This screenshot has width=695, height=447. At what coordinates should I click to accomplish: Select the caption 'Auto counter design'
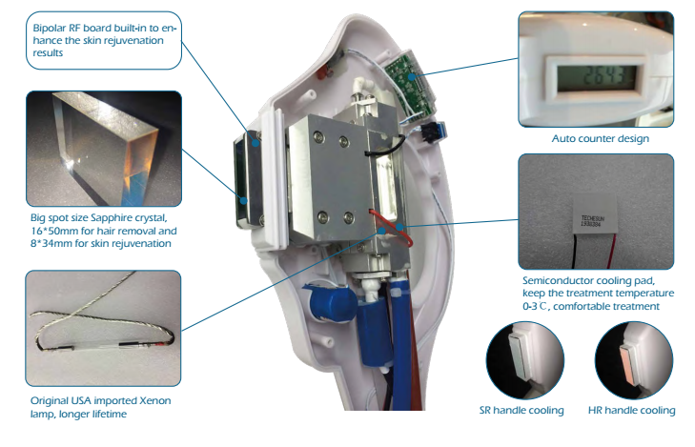tap(601, 138)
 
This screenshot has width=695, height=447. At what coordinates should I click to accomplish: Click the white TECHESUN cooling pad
tap(594, 215)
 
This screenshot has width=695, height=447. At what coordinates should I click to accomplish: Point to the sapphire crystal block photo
tap(105, 148)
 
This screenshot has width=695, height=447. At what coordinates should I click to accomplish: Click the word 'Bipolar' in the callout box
tap(50, 28)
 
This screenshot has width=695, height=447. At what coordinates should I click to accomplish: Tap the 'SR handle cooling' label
tap(521, 410)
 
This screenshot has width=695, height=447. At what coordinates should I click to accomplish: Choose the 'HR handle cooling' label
tap(632, 410)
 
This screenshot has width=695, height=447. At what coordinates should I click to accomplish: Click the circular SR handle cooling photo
tap(525, 359)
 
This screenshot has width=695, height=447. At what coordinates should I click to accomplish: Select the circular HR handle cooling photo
tap(634, 359)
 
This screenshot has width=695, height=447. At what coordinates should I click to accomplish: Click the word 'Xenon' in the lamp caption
tap(155, 400)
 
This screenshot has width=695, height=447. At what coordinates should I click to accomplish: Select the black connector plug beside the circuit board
tap(428, 131)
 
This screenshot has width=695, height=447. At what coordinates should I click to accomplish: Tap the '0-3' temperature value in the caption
tap(530, 306)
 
